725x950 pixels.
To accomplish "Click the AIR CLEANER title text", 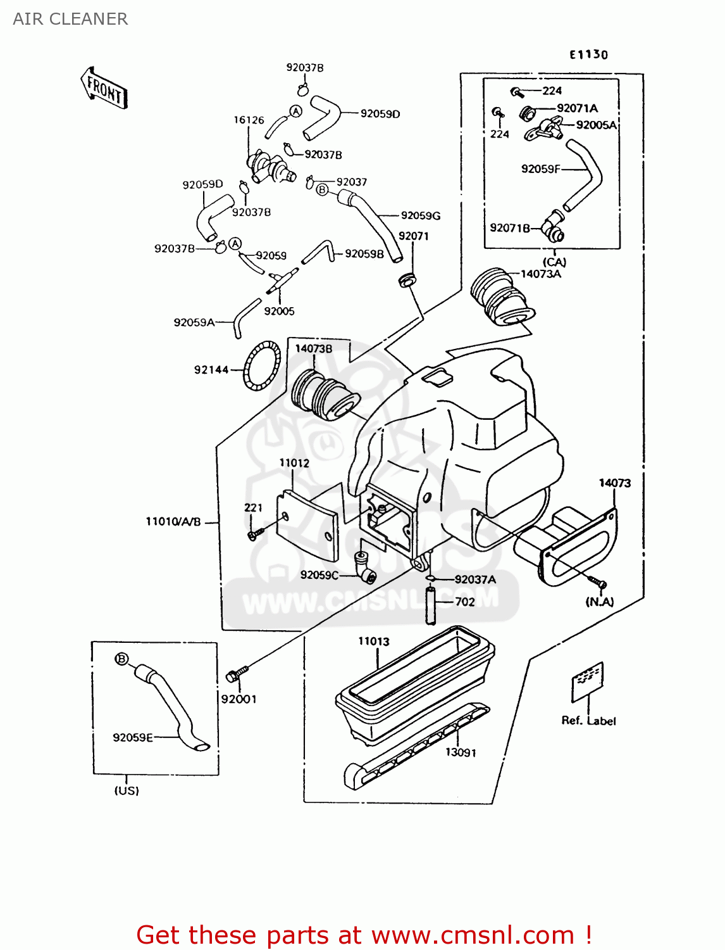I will [70, 19].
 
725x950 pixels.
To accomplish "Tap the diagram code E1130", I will [588, 54].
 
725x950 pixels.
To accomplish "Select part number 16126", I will [249, 120].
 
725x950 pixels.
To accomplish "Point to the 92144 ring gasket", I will [262, 366].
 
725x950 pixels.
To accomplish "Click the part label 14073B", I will [313, 348].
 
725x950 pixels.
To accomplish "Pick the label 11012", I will [294, 463].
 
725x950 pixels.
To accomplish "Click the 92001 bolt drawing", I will [237, 674].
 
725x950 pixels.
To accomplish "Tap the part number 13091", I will [461, 752].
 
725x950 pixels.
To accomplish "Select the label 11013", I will [374, 641].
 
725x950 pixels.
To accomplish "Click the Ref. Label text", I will [588, 721].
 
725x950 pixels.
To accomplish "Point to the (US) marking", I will [127, 790].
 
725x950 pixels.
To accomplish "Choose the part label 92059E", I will [133, 737].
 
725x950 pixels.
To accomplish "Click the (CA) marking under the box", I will [554, 262].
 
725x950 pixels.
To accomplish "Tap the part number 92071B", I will [510, 228].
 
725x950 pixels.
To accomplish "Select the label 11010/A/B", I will [173, 522].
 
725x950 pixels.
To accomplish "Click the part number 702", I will [465, 602].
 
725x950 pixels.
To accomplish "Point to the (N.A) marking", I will [600, 602].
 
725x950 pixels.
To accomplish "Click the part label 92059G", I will [421, 215].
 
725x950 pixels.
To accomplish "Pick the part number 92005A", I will [596, 125].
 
